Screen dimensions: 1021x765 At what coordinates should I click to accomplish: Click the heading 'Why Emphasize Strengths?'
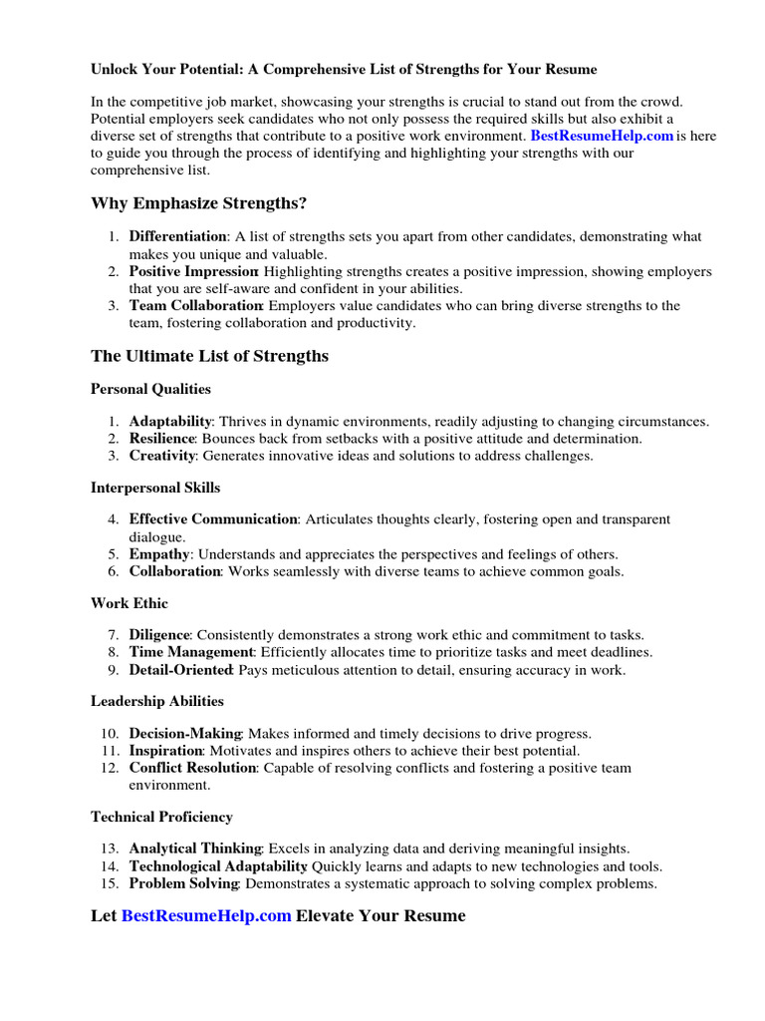[x=198, y=203]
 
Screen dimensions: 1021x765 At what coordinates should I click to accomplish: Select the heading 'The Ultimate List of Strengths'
[x=209, y=356]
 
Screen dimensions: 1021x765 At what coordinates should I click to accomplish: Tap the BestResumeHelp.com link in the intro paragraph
[x=602, y=135]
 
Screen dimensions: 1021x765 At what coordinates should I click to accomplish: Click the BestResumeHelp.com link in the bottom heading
[x=206, y=915]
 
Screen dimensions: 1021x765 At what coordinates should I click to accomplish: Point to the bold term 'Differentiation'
[x=178, y=236]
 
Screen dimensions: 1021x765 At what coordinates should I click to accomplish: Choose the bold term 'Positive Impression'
[x=193, y=271]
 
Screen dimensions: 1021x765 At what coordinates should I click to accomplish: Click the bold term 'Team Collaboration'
[x=195, y=305]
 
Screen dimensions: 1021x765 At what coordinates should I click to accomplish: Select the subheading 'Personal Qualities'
[x=150, y=389]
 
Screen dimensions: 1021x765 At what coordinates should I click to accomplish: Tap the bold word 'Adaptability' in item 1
[x=170, y=421]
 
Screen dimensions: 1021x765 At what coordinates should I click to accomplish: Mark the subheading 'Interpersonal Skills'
[x=155, y=488]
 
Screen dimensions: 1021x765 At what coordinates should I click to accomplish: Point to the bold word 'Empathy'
[x=159, y=553]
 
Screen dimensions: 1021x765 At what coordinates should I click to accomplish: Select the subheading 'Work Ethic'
[x=129, y=603]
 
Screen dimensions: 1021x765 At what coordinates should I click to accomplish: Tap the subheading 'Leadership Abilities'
[x=157, y=701]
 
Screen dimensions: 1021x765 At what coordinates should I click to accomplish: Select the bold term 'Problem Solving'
[x=183, y=883]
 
